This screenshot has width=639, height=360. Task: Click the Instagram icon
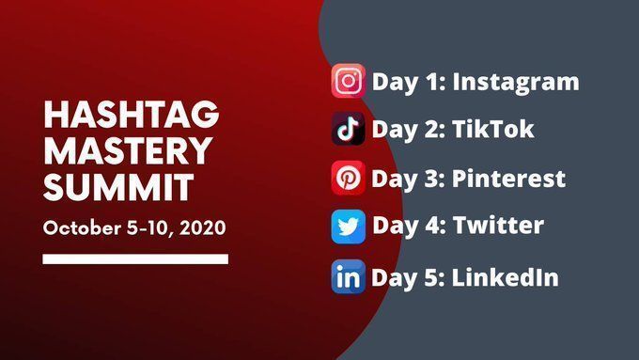pos(348,81)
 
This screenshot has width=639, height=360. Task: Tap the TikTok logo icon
pos(348,129)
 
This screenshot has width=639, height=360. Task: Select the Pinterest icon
pos(348,178)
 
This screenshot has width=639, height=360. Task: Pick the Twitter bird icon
pos(348,227)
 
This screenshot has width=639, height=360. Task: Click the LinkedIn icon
pos(348,276)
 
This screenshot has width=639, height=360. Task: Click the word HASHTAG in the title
pos(132,115)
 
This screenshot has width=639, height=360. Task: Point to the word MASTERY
pos(128,150)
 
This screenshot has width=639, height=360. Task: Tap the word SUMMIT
pos(118,187)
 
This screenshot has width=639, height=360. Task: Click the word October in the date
pos(82,227)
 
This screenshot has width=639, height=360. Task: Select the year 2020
pos(203,227)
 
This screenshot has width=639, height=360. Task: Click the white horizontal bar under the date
pos(135,258)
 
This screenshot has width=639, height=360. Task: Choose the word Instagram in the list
pos(516,83)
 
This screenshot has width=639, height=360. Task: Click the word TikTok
pos(493,129)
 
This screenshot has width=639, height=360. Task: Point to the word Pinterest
pos(509,179)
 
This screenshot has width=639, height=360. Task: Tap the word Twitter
pos(499,225)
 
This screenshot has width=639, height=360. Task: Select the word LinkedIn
pos(506,277)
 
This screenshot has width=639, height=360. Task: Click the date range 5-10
pos(150,227)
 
